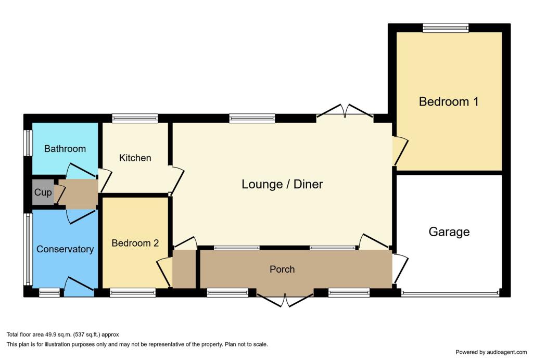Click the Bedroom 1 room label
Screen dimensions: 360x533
click(448, 101)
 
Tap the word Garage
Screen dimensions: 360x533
click(449, 232)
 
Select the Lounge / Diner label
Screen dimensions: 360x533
click(282, 184)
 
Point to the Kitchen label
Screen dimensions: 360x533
click(135, 158)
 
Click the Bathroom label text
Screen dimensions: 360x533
click(65, 149)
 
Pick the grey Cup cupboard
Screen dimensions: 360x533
click(43, 192)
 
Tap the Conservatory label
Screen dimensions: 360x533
click(65, 249)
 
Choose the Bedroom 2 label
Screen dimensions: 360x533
click(135, 243)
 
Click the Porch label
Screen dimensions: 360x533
click(282, 269)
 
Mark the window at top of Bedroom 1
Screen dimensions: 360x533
click(445, 29)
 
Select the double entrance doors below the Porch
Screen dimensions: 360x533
click(285, 299)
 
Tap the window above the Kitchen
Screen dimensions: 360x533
click(135, 119)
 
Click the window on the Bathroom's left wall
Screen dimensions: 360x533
click(28, 142)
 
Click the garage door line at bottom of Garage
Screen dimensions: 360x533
click(450, 294)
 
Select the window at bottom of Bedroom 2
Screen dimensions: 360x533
click(132, 293)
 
